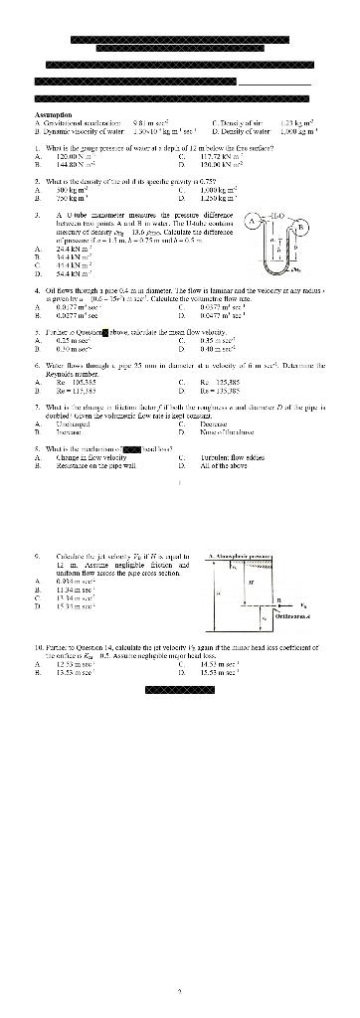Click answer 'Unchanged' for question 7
coord(69,421)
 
